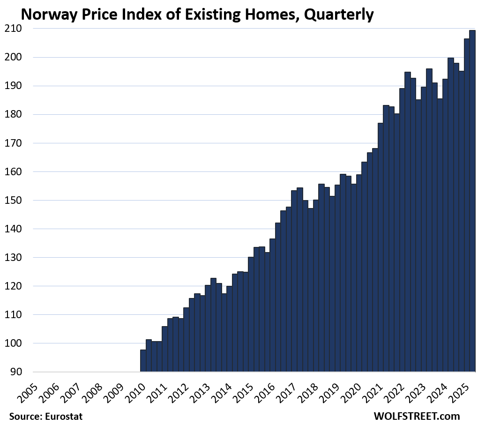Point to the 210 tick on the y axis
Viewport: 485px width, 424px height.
(x=10, y=29)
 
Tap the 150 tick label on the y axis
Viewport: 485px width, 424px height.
(x=10, y=201)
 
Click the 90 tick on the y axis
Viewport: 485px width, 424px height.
(x=13, y=372)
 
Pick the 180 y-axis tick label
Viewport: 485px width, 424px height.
(x=10, y=114)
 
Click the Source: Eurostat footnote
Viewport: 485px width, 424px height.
(x=42, y=416)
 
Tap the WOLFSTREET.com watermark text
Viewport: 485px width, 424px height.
(x=417, y=416)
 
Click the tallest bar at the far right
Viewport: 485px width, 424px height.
(x=472, y=201)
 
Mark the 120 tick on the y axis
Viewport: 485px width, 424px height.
(x=10, y=286)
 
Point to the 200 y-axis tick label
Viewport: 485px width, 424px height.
(x=10, y=57)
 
